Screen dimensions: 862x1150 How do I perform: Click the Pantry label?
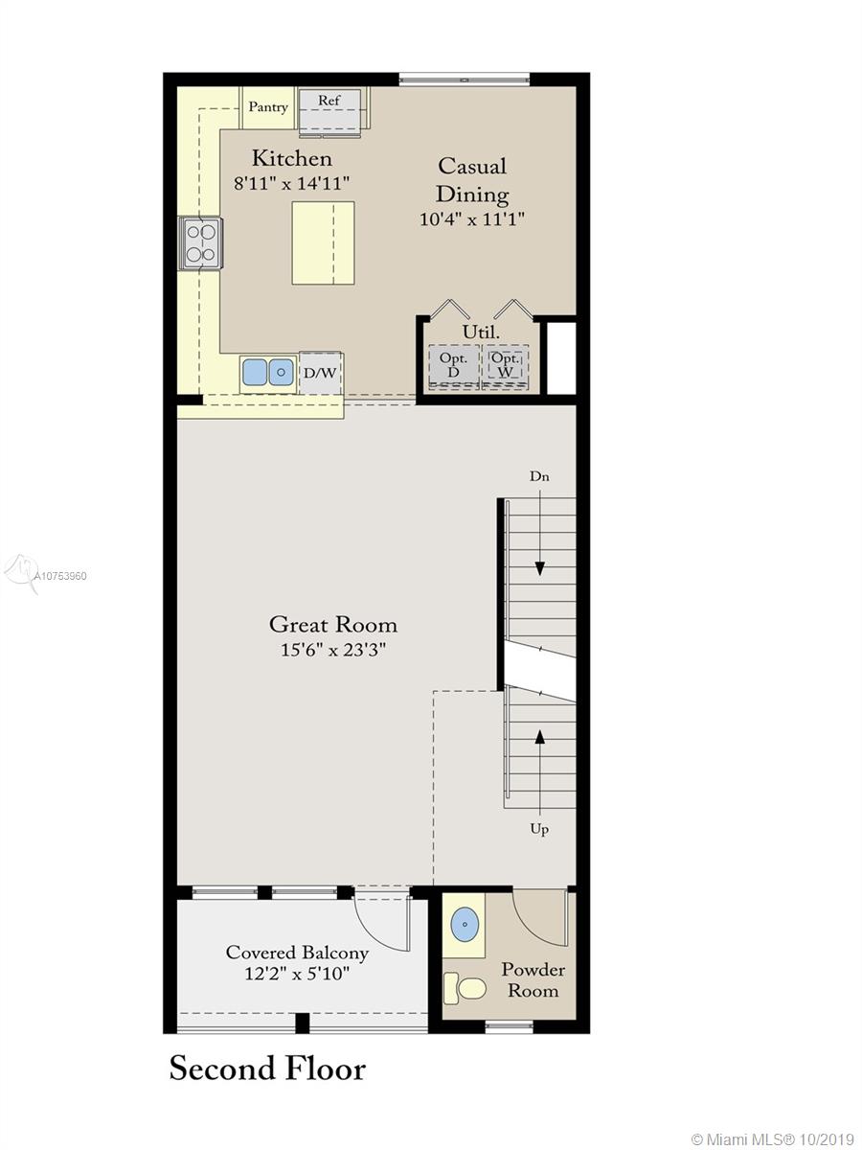268,107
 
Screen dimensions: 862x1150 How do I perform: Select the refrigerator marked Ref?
330,111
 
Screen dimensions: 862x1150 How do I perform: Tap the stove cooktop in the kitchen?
201,243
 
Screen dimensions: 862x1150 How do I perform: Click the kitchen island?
323,243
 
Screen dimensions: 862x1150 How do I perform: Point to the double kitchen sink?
267,373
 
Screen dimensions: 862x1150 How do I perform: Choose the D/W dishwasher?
320,373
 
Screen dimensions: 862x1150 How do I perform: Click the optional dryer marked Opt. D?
454,365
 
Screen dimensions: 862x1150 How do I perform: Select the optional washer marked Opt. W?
506,365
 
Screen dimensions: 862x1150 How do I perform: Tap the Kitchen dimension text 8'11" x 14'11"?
291,183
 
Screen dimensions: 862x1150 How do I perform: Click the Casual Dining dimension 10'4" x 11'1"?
472,218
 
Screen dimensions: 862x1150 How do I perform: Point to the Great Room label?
333,625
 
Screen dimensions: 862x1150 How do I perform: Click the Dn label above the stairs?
539,476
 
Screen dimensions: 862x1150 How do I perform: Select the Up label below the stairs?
539,829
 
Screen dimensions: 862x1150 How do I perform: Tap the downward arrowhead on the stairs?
539,568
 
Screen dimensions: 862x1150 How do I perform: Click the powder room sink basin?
465,925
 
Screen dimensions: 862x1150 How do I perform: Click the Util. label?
481,333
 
